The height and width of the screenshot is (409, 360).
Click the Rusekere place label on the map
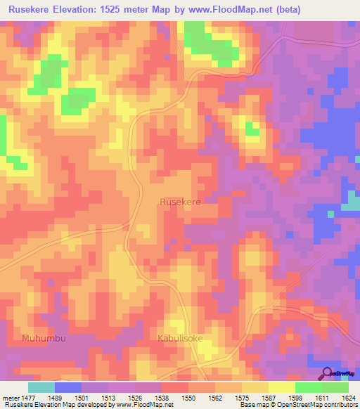point(181,202)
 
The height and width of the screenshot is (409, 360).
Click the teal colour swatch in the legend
point(41,387)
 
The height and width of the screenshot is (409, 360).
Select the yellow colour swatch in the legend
point(281,387)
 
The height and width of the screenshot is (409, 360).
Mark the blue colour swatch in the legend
point(68,387)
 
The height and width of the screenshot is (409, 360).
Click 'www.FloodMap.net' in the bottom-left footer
point(143,405)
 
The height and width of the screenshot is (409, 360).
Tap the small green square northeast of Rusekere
point(251,128)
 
